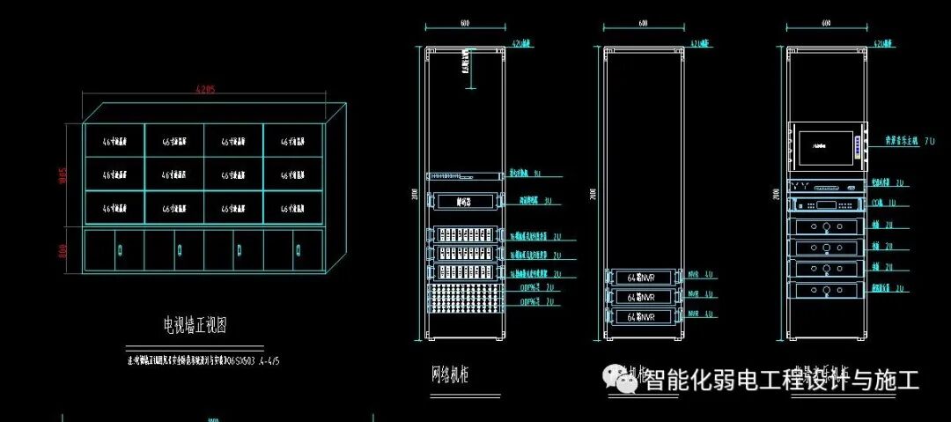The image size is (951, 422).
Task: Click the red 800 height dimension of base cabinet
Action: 63,251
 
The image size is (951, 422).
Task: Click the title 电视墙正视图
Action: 195,325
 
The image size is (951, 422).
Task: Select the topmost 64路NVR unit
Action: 642,278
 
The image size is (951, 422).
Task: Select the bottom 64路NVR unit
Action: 642,315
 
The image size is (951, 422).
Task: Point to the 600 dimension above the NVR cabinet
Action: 643,22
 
